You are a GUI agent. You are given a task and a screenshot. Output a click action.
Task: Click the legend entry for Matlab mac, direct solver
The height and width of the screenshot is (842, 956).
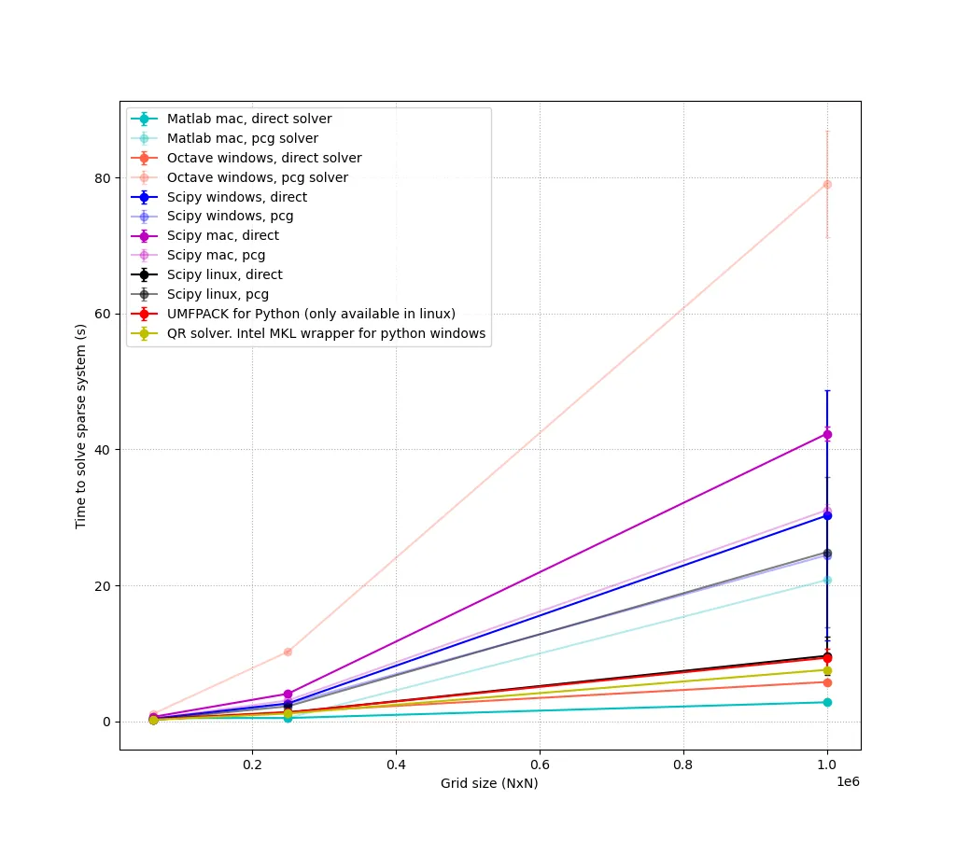coord(249,119)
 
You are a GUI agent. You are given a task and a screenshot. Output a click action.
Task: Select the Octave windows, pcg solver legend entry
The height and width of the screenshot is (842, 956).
coord(257,177)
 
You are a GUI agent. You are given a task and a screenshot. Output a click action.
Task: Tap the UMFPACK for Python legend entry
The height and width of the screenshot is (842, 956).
coord(311,314)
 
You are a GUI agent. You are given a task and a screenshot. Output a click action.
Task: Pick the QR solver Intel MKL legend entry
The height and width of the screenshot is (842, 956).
coord(326,333)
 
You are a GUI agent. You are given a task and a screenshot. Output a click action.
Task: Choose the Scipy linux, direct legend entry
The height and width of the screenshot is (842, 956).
coord(224,274)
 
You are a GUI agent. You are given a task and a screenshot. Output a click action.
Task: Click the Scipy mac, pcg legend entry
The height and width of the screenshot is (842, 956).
coord(216,255)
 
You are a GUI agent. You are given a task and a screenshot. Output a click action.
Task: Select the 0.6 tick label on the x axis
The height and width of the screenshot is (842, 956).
coord(540,764)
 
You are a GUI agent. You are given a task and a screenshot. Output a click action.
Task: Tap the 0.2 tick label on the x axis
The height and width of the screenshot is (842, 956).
coord(252,764)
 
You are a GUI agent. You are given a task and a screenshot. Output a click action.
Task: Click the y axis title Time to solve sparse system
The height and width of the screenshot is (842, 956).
coord(81,426)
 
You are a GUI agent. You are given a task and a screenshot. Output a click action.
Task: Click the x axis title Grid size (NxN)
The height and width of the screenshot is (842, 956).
coord(489,783)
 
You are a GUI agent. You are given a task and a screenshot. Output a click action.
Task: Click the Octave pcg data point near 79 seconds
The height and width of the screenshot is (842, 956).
coord(827,184)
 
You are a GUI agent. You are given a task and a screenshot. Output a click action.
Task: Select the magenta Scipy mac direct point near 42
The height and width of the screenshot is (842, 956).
coord(827,434)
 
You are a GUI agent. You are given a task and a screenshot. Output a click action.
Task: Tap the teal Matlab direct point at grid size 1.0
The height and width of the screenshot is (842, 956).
coord(827,702)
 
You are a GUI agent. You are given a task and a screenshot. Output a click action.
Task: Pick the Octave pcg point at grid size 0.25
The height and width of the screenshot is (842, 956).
coord(288,652)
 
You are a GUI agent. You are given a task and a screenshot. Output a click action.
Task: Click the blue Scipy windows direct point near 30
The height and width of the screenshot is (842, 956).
coord(827,515)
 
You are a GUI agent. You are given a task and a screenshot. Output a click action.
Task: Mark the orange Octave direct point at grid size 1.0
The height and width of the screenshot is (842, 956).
coord(827,682)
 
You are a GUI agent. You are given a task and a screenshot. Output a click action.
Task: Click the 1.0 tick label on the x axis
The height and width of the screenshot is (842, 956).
coord(827,764)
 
